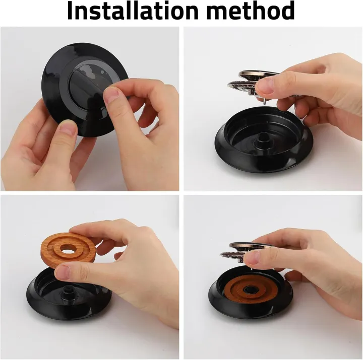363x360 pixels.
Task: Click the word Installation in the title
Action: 133,11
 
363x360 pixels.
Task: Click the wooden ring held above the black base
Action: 68,251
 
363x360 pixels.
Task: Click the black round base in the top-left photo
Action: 85,90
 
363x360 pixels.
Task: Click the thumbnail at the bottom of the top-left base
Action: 69,128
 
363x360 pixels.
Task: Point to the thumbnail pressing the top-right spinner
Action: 266,86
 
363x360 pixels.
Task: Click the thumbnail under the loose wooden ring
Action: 62,272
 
